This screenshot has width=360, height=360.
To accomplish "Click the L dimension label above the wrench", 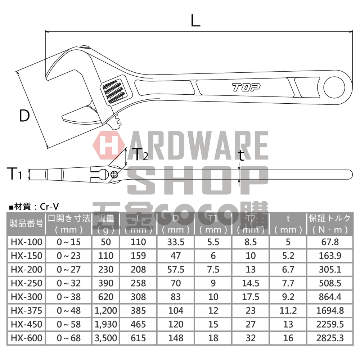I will point(195,21).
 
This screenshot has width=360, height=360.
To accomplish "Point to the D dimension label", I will point(24,116).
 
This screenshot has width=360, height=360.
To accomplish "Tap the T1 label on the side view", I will point(15,175).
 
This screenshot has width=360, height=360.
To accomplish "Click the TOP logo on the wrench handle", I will point(246,87).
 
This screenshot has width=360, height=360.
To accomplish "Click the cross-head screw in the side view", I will point(115,175).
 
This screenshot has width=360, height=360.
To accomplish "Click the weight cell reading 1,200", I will point(105,310).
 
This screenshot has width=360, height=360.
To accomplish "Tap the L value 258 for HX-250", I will point(139,283).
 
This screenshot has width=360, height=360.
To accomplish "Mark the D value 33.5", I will point(176,242).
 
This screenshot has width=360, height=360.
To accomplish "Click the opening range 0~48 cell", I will point(69,310).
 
